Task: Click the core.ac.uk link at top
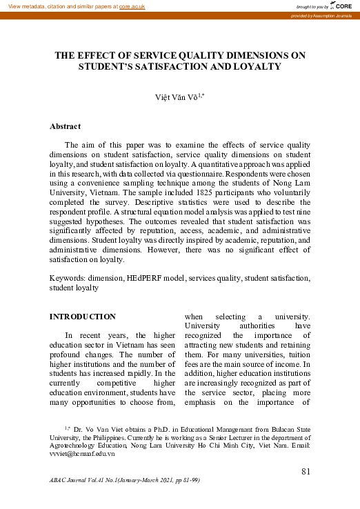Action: (132, 6)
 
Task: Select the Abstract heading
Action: (66, 126)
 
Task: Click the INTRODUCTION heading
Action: (83, 317)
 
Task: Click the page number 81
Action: (308, 471)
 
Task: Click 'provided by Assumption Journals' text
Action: (321, 15)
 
